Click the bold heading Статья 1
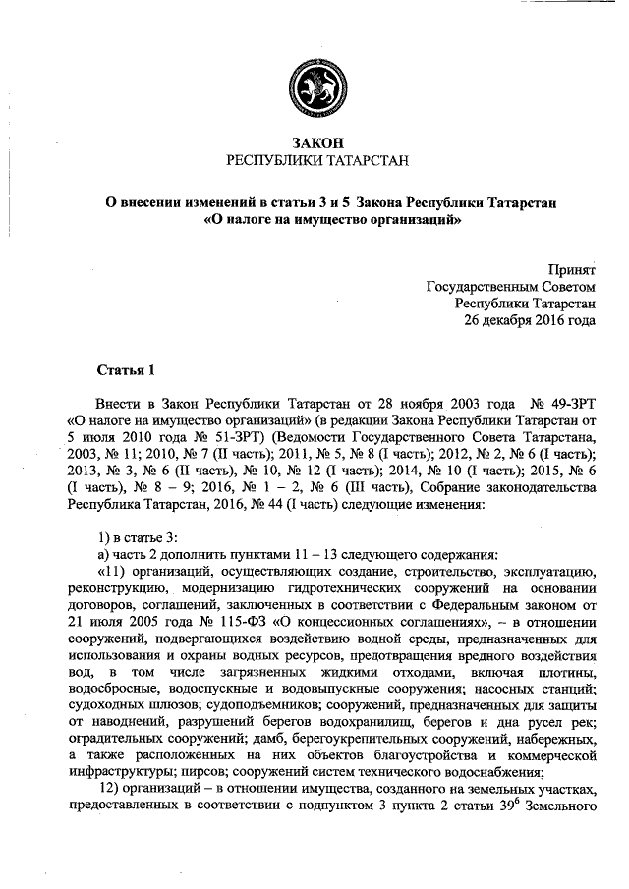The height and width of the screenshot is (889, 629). coord(126,370)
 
